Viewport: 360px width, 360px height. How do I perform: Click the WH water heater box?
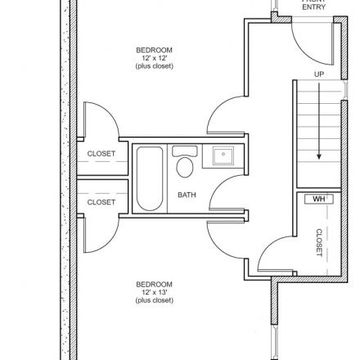point(319,199)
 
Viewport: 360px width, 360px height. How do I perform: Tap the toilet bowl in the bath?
point(185,167)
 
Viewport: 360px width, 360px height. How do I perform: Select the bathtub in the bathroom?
point(150,178)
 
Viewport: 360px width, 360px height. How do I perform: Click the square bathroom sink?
point(223,155)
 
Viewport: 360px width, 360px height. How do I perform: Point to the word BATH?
point(187,195)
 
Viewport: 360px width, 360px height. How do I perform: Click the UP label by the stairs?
point(319,74)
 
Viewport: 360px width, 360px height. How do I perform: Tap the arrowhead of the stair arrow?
point(319,157)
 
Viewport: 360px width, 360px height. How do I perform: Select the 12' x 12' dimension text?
point(155,58)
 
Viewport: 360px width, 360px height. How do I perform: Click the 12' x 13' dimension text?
point(155,292)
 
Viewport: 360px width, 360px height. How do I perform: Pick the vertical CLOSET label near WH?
point(319,242)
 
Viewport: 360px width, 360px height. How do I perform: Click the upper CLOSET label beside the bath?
point(101,154)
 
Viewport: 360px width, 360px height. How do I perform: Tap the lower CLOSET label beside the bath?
point(101,202)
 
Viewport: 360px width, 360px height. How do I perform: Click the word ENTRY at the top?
point(314,7)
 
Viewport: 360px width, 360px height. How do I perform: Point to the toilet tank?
point(185,151)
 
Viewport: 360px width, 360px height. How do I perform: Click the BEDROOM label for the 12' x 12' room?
point(155,50)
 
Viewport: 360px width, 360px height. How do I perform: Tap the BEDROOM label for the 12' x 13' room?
point(155,285)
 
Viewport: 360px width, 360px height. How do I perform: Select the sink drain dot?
point(223,154)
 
